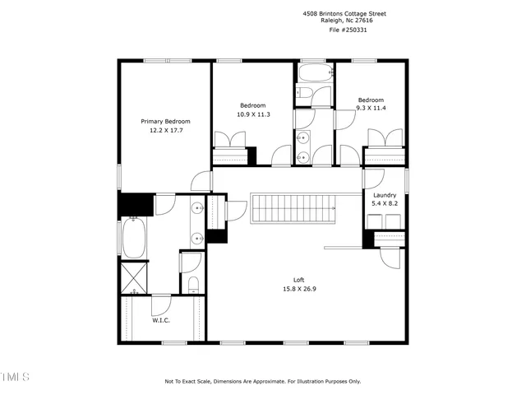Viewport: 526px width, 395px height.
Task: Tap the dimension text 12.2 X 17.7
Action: tap(166, 130)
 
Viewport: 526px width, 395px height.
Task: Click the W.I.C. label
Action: tap(161, 320)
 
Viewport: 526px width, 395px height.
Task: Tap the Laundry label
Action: tap(384, 195)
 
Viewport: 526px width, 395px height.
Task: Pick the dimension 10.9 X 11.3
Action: tap(253, 114)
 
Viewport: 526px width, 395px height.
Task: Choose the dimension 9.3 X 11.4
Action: tap(371, 108)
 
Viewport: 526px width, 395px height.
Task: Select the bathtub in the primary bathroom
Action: tap(134, 237)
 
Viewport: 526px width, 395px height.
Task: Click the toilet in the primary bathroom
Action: tap(192, 284)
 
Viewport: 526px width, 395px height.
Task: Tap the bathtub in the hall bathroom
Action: tap(313, 92)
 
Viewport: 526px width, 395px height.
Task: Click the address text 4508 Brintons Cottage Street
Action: tap(344, 14)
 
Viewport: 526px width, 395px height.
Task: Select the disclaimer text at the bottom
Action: tap(263, 381)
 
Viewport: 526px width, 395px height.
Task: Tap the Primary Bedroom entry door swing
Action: tap(200, 180)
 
